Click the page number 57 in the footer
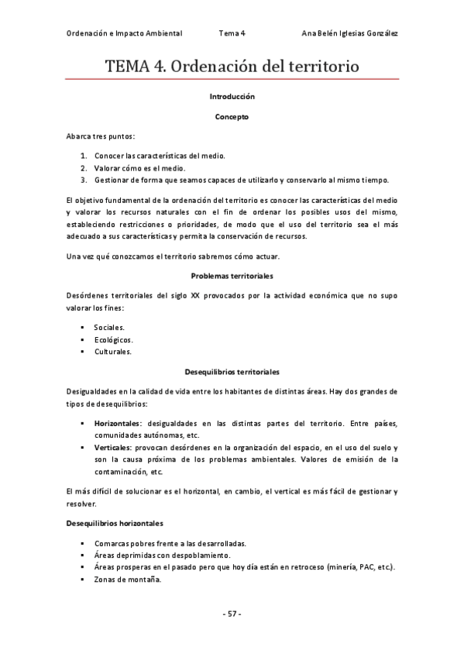(232, 614)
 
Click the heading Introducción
(232, 97)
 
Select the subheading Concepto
(232, 117)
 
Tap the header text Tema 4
(232, 34)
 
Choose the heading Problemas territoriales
(232, 276)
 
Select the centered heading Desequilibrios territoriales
(232, 372)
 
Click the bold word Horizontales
(118, 424)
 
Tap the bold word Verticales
(113, 448)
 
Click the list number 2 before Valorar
(83, 167)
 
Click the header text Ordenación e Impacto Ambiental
(124, 34)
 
